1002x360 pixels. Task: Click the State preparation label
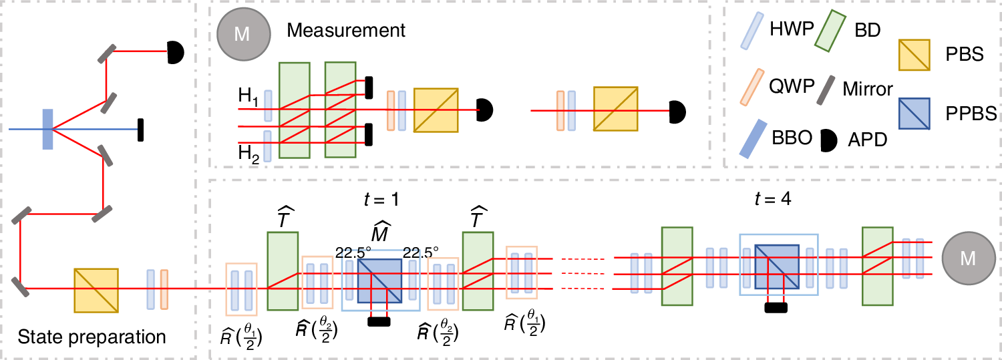tap(92, 337)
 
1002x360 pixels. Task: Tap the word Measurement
tap(346, 30)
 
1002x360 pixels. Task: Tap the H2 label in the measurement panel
tap(248, 155)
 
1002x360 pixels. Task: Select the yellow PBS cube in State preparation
tap(96, 289)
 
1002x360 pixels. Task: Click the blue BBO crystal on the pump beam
tap(47, 128)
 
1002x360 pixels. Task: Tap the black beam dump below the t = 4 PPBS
tap(775, 308)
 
